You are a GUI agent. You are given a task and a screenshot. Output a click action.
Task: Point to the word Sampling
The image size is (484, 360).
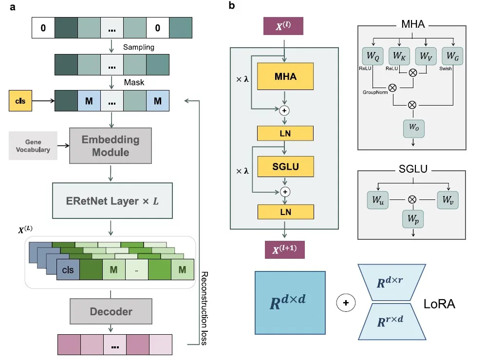click(x=138, y=47)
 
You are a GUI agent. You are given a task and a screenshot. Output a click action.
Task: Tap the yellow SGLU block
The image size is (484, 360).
click(x=286, y=167)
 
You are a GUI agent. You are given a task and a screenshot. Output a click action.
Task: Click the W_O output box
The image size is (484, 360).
click(x=413, y=127)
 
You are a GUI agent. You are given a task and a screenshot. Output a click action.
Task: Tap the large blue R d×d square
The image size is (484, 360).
click(x=290, y=302)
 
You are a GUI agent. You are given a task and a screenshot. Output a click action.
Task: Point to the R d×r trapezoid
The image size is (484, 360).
click(x=392, y=283)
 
